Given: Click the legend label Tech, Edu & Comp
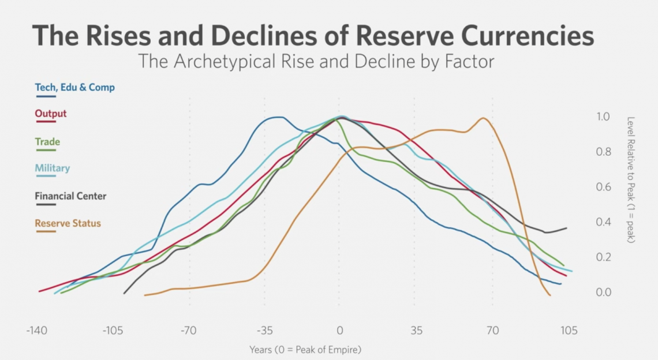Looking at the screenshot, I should (74, 88).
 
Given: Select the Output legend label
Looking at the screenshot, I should (51, 114).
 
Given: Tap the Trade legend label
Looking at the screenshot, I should (47, 142).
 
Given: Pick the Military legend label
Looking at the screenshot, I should (52, 168).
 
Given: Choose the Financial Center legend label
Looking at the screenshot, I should (70, 196).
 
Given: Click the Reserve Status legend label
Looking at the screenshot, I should (67, 223).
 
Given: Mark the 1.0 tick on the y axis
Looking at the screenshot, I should (603, 117).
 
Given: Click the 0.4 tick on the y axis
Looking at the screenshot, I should (603, 222).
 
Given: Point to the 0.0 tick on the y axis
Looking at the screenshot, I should (603, 292).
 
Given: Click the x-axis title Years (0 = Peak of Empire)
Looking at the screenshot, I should (305, 350).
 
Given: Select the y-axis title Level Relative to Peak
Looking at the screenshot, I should (630, 179).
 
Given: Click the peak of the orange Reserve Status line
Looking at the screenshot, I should (483, 118).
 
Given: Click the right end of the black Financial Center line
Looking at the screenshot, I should (566, 228).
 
